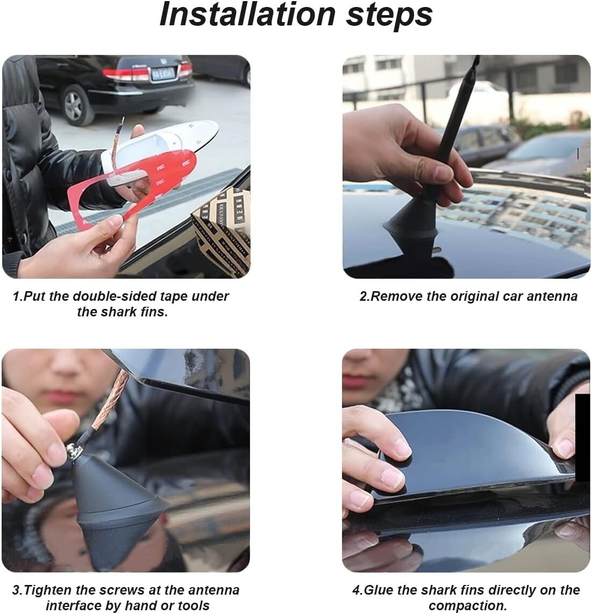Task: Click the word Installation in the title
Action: tap(248, 15)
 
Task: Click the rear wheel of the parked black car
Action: tap(75, 105)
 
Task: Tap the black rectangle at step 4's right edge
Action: tap(582, 437)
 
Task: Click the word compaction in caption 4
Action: tap(466, 606)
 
